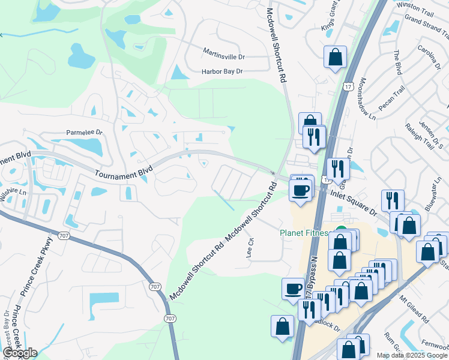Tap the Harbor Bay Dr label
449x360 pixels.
pos(222,71)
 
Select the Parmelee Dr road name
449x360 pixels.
pos(85,132)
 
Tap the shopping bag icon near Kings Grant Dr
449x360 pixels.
pos(335,58)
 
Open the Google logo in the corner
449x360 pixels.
pos(20,352)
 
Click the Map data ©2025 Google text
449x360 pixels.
pos(412,355)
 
